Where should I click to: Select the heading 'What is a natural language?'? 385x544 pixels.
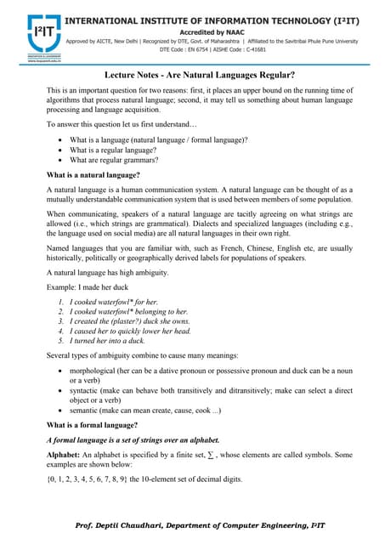tap(93, 174)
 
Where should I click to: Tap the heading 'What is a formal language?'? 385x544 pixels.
tap(92, 423)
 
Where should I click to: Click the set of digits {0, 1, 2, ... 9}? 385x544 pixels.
tap(86, 479)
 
